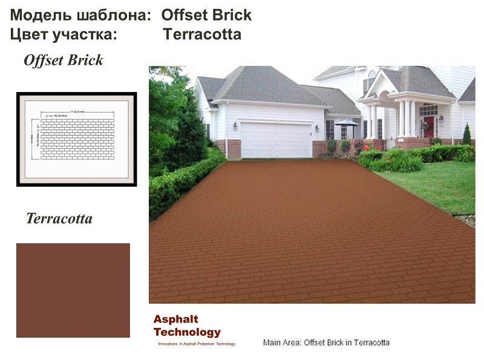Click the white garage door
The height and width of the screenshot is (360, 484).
(276, 139)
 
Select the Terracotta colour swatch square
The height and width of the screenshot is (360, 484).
(73, 290)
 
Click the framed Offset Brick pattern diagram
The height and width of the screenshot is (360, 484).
(77, 139)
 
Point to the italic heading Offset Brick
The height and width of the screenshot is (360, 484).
(63, 61)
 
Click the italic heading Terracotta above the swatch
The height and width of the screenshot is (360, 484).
(59, 218)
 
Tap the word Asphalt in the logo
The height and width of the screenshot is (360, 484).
(175, 319)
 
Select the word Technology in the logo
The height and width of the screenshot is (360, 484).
(187, 332)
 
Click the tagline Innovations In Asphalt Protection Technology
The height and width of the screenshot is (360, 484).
(196, 344)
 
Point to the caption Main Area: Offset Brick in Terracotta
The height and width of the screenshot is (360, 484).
(326, 342)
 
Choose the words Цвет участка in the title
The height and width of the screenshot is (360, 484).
(63, 34)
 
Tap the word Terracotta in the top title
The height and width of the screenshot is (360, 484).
(202, 34)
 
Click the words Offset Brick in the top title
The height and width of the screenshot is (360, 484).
(206, 15)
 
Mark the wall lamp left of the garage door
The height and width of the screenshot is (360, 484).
(235, 125)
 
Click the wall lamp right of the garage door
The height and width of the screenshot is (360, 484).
(316, 128)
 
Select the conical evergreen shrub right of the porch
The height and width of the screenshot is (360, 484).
(466, 134)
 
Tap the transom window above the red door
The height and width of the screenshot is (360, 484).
(429, 110)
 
